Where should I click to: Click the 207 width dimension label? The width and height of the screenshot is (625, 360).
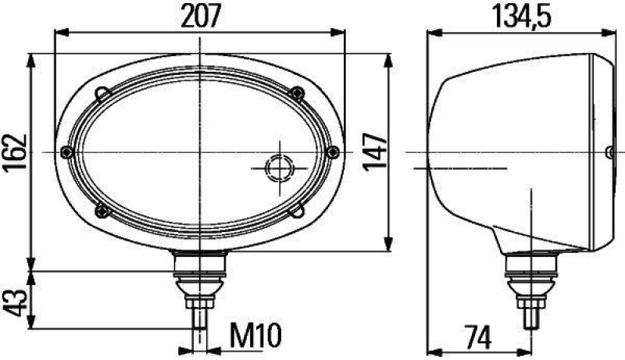coord(201,15)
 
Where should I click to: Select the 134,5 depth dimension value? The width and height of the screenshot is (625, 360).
coord(519,15)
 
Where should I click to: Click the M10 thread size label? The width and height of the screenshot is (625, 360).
coord(255,337)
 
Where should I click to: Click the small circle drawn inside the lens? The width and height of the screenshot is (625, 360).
coord(278,168)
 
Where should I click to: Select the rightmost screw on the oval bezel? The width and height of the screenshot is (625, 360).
coord(334,151)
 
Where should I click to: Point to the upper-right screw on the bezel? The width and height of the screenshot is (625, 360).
coord(296,93)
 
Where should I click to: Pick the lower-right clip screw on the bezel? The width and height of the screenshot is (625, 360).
coord(299,209)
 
